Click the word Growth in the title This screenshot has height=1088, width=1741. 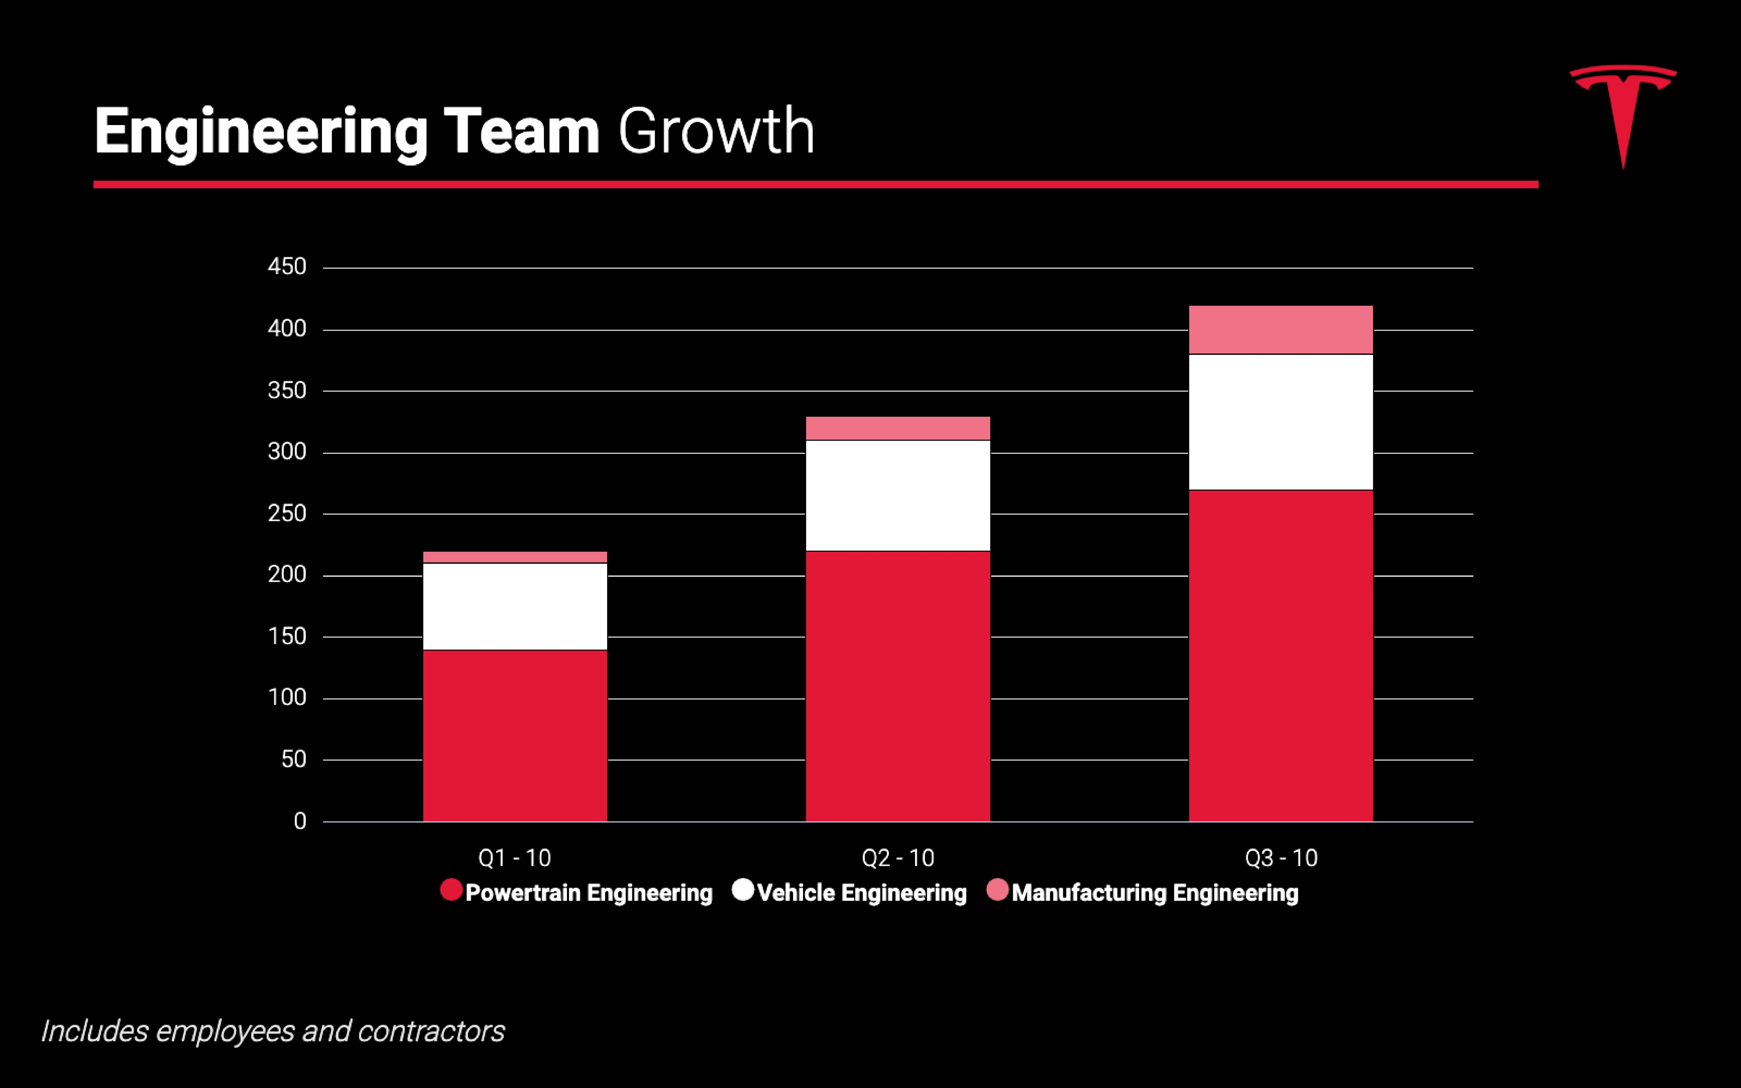716,131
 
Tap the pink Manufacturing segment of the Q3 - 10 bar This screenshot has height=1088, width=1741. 1280,330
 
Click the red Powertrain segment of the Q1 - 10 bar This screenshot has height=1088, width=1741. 515,736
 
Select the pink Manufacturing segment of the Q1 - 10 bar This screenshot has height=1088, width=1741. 515,557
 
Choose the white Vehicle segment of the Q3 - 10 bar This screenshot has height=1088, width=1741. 1280,422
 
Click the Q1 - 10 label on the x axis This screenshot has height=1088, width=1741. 515,858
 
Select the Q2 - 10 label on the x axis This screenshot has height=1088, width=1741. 898,858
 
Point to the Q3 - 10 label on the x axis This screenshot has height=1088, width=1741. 1280,858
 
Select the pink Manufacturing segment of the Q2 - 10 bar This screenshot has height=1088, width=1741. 898,428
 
